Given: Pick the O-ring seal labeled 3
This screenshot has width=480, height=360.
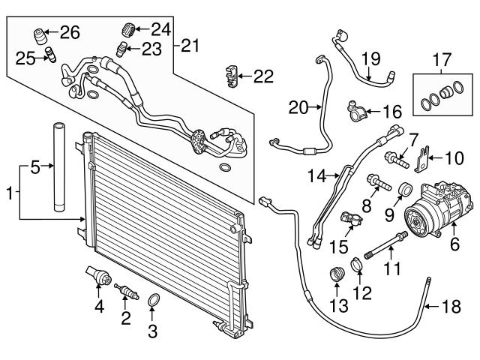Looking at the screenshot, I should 153,301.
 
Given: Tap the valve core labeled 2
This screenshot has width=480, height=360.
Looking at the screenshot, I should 125,289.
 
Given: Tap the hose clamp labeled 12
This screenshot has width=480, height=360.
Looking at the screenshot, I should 357,265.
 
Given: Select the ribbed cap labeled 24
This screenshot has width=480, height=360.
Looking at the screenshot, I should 128,31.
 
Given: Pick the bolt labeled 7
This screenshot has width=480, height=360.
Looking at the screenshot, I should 395,160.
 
